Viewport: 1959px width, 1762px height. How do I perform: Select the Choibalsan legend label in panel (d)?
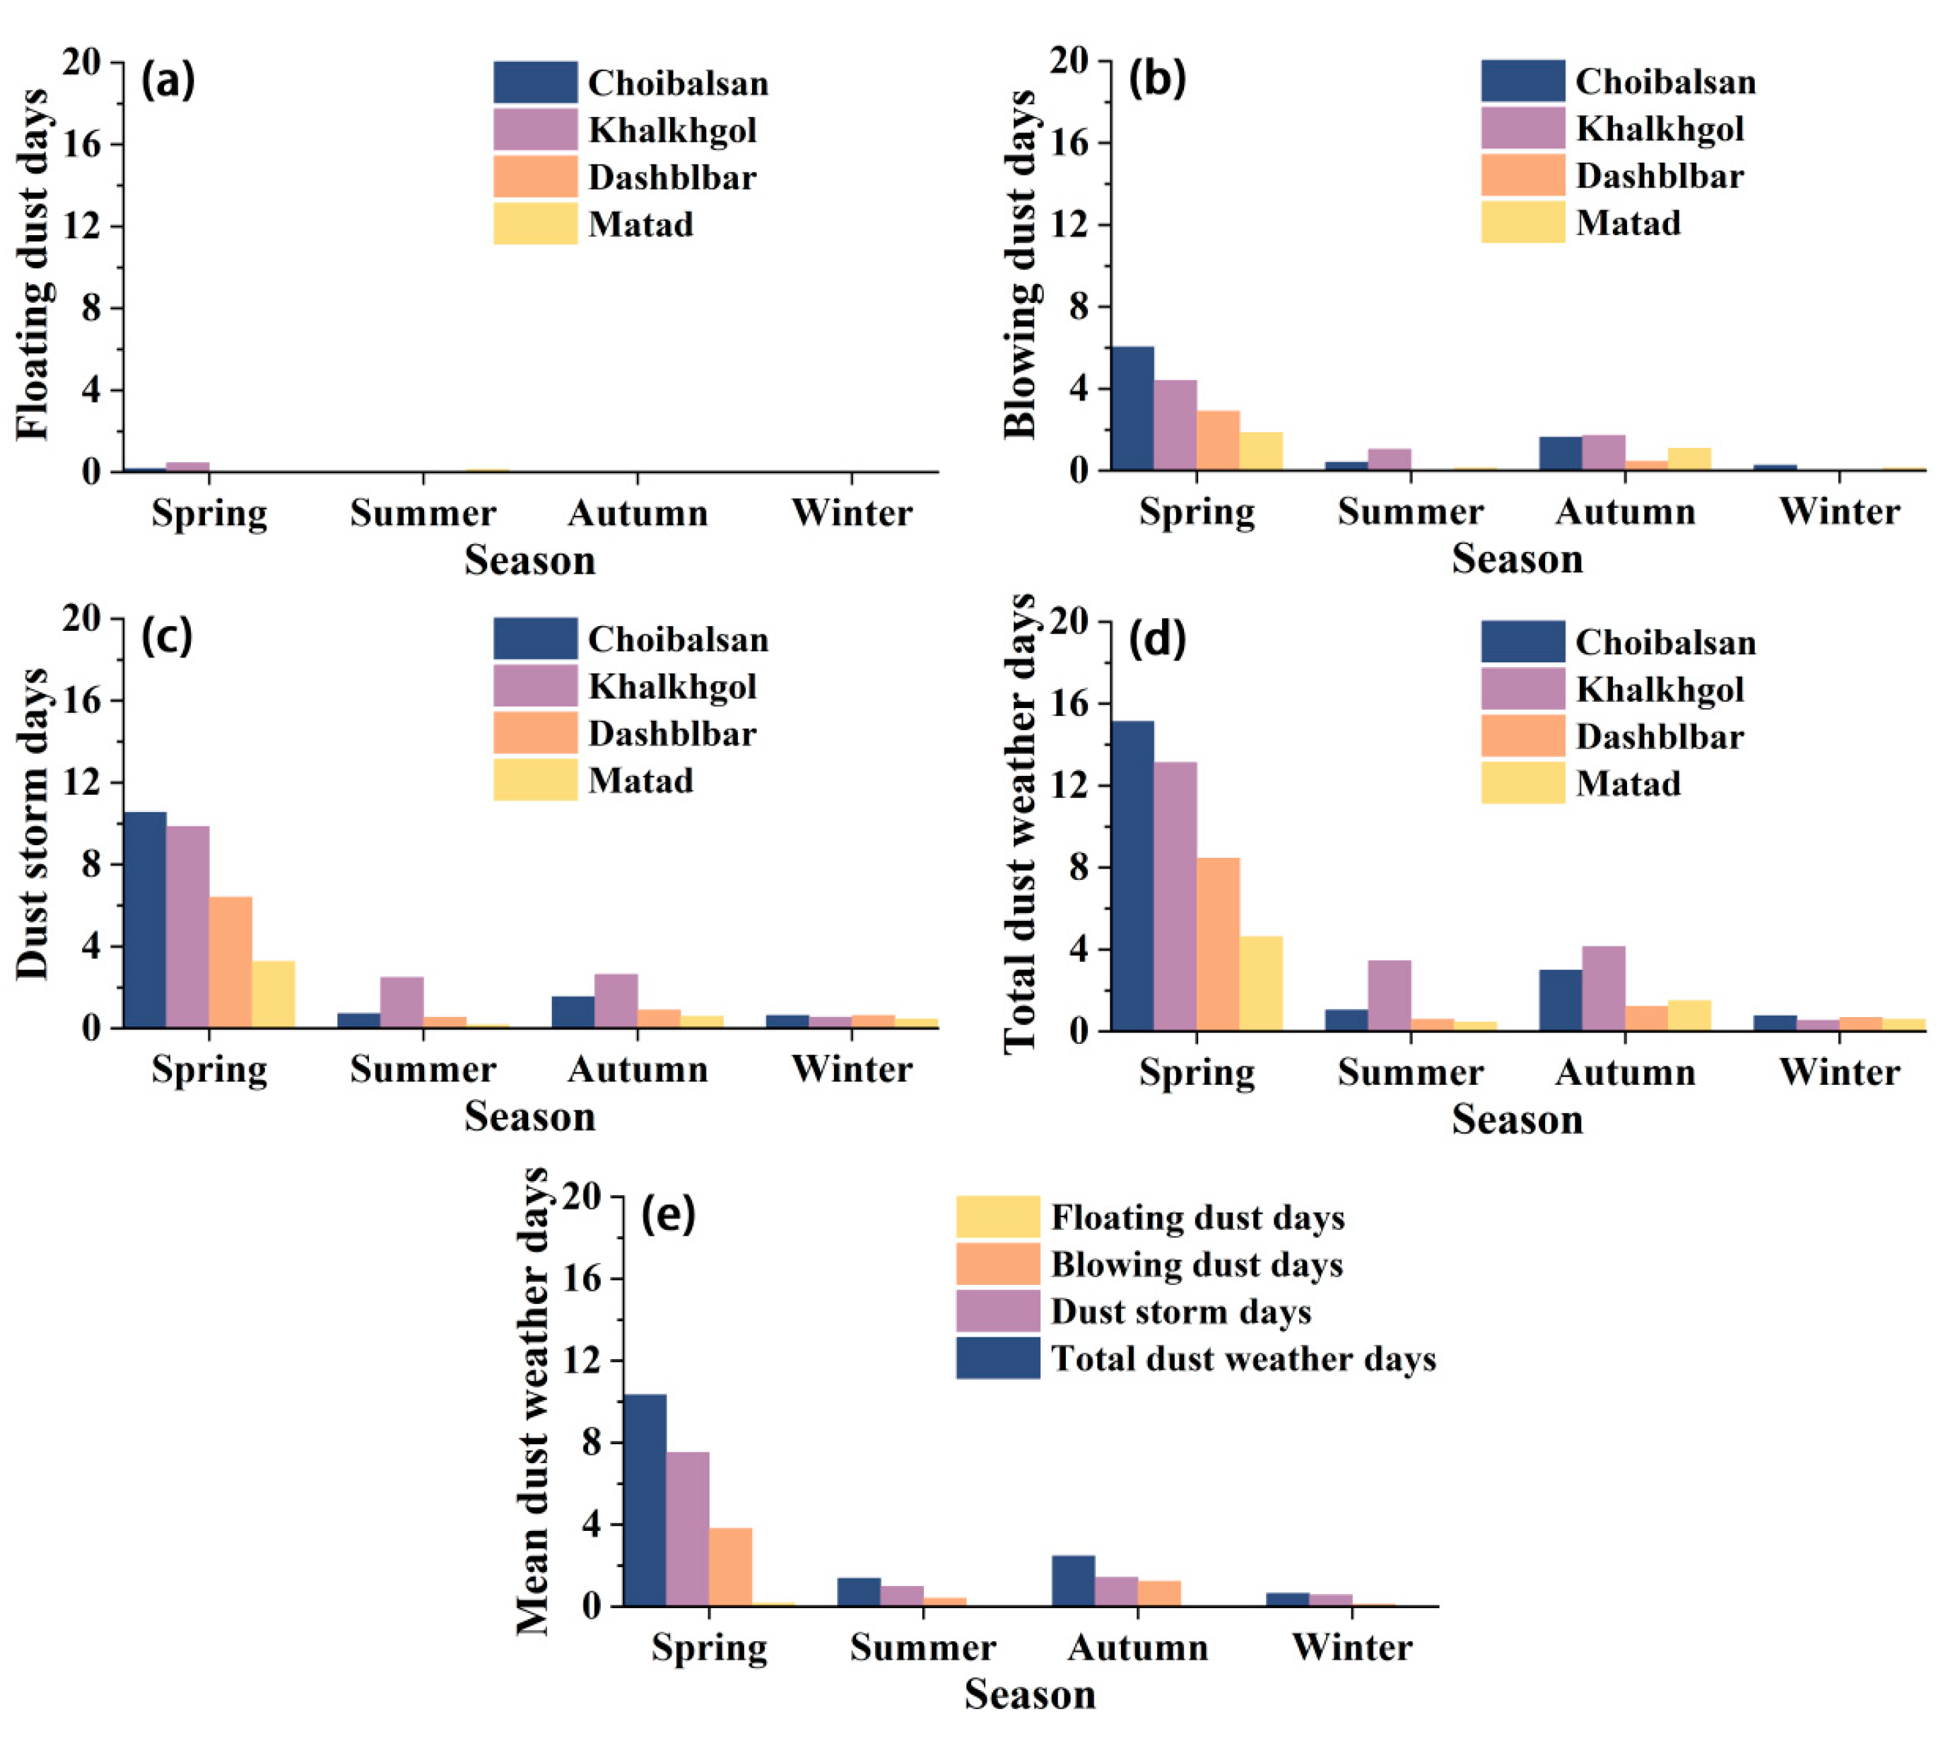[x=1665, y=642]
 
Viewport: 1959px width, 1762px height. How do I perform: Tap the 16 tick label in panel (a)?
[x=81, y=144]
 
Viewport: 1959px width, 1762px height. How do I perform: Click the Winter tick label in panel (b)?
[x=1838, y=511]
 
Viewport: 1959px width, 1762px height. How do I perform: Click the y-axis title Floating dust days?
[x=33, y=264]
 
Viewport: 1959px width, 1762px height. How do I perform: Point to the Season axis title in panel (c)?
[x=529, y=1116]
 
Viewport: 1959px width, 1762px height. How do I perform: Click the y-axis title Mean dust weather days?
[x=533, y=1402]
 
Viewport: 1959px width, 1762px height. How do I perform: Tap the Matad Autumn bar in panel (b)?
[x=1688, y=458]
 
